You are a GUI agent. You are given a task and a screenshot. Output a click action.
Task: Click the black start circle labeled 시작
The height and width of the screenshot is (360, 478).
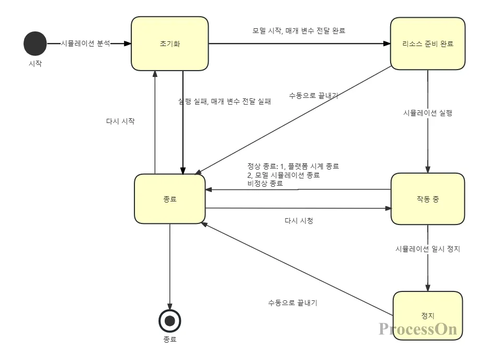[x=35, y=43]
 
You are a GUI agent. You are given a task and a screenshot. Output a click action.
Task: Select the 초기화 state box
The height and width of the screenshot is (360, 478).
[x=170, y=44]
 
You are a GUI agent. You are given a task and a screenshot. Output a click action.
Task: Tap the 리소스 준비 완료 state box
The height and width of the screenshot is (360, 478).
[x=428, y=43]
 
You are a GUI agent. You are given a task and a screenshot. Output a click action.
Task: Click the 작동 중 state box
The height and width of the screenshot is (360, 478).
[x=428, y=199]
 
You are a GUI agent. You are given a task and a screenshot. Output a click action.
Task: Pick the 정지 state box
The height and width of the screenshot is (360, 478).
[x=428, y=316]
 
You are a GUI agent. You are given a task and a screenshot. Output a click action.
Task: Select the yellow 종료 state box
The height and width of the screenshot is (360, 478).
[x=170, y=199]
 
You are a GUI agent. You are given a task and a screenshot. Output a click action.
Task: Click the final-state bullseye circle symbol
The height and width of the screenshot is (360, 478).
[x=169, y=320]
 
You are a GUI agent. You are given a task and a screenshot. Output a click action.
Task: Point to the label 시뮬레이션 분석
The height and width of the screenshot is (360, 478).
[x=86, y=43]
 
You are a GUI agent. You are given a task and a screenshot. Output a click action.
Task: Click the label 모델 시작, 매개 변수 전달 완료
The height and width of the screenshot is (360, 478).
[x=299, y=30]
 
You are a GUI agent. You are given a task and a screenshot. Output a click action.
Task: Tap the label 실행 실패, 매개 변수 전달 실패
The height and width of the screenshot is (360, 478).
[x=225, y=102]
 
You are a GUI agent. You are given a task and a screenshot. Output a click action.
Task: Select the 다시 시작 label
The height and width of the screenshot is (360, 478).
[x=120, y=121]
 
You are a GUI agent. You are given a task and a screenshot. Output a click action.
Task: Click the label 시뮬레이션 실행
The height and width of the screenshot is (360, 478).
[x=428, y=113]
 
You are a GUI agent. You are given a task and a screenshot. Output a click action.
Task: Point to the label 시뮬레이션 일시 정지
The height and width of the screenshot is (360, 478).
[x=428, y=249]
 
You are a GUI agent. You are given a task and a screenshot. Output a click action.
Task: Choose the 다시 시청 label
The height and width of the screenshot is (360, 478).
[x=299, y=221]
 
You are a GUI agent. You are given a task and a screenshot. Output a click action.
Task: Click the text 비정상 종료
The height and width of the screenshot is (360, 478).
[x=265, y=184]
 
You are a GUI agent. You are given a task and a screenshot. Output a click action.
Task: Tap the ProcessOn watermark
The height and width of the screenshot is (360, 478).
[x=418, y=329]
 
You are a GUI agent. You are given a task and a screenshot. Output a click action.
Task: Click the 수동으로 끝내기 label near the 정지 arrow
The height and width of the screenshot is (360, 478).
[x=293, y=302]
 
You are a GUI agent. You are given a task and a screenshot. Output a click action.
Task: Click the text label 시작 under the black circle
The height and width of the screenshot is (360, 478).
[x=35, y=64]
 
